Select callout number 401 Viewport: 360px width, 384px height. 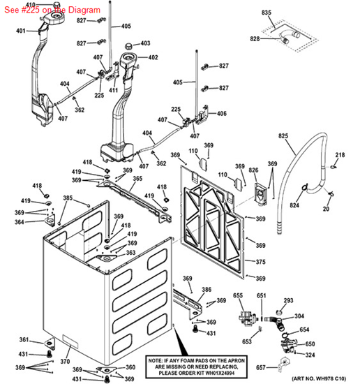pos(20,31)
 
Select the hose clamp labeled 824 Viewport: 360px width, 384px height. pos(305,186)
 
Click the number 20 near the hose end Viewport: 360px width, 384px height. pos(327,209)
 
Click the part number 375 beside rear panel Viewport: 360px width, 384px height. pos(260,262)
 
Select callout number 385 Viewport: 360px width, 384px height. pos(67,198)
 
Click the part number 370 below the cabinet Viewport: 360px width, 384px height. pos(65,362)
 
